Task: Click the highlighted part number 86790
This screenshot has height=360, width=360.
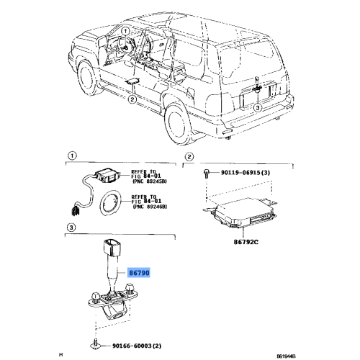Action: [x=141, y=274]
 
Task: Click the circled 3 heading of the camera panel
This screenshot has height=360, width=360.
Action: [x=71, y=228]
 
